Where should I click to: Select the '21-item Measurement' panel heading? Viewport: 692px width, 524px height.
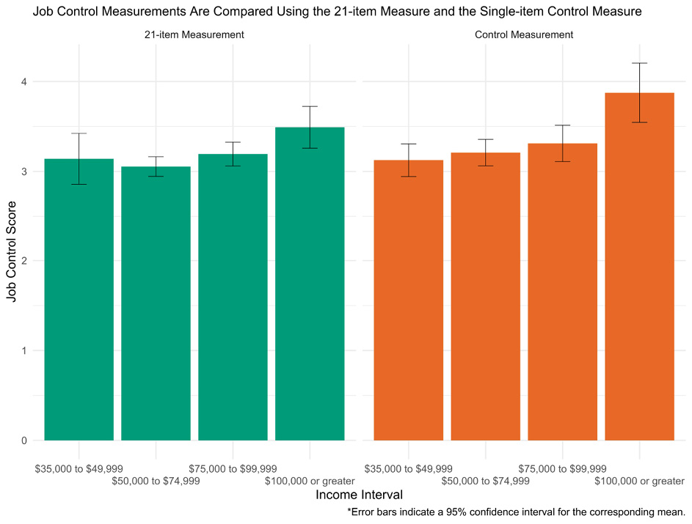click(194, 34)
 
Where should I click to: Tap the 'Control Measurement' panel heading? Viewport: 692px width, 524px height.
click(524, 34)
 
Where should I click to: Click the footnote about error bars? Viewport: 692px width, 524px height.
click(516, 512)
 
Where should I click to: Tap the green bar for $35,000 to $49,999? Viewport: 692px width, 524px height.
click(79, 308)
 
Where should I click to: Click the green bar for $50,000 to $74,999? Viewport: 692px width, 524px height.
click(156, 308)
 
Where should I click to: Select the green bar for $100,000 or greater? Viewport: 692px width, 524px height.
click(310, 293)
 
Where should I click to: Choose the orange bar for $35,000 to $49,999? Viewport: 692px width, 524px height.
click(408, 308)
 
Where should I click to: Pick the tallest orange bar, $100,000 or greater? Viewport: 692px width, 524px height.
click(639, 278)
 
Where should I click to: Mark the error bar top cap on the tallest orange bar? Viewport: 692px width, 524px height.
click(639, 63)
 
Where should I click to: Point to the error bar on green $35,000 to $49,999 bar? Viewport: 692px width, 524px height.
click(79, 158)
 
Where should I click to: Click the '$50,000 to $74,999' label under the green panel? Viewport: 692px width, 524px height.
click(156, 481)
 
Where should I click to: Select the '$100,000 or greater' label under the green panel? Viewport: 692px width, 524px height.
click(310, 481)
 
